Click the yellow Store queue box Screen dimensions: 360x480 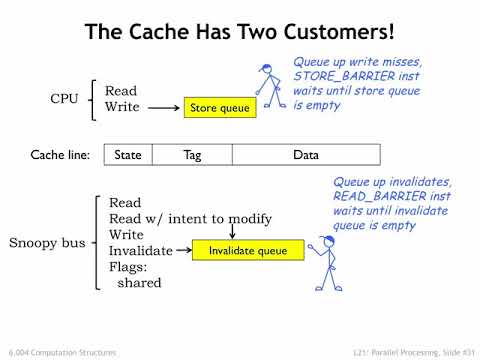(219, 107)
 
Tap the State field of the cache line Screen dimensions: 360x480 (128, 155)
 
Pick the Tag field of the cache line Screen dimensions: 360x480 (193, 155)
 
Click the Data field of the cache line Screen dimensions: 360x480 (306, 155)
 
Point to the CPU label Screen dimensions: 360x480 (66, 99)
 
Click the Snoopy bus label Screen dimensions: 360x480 (48, 243)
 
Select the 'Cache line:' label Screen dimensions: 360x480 (63, 155)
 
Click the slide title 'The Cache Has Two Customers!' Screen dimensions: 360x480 (239, 31)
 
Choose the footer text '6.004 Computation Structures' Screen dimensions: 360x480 (63, 351)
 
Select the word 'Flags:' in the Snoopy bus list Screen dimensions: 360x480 (128, 267)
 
